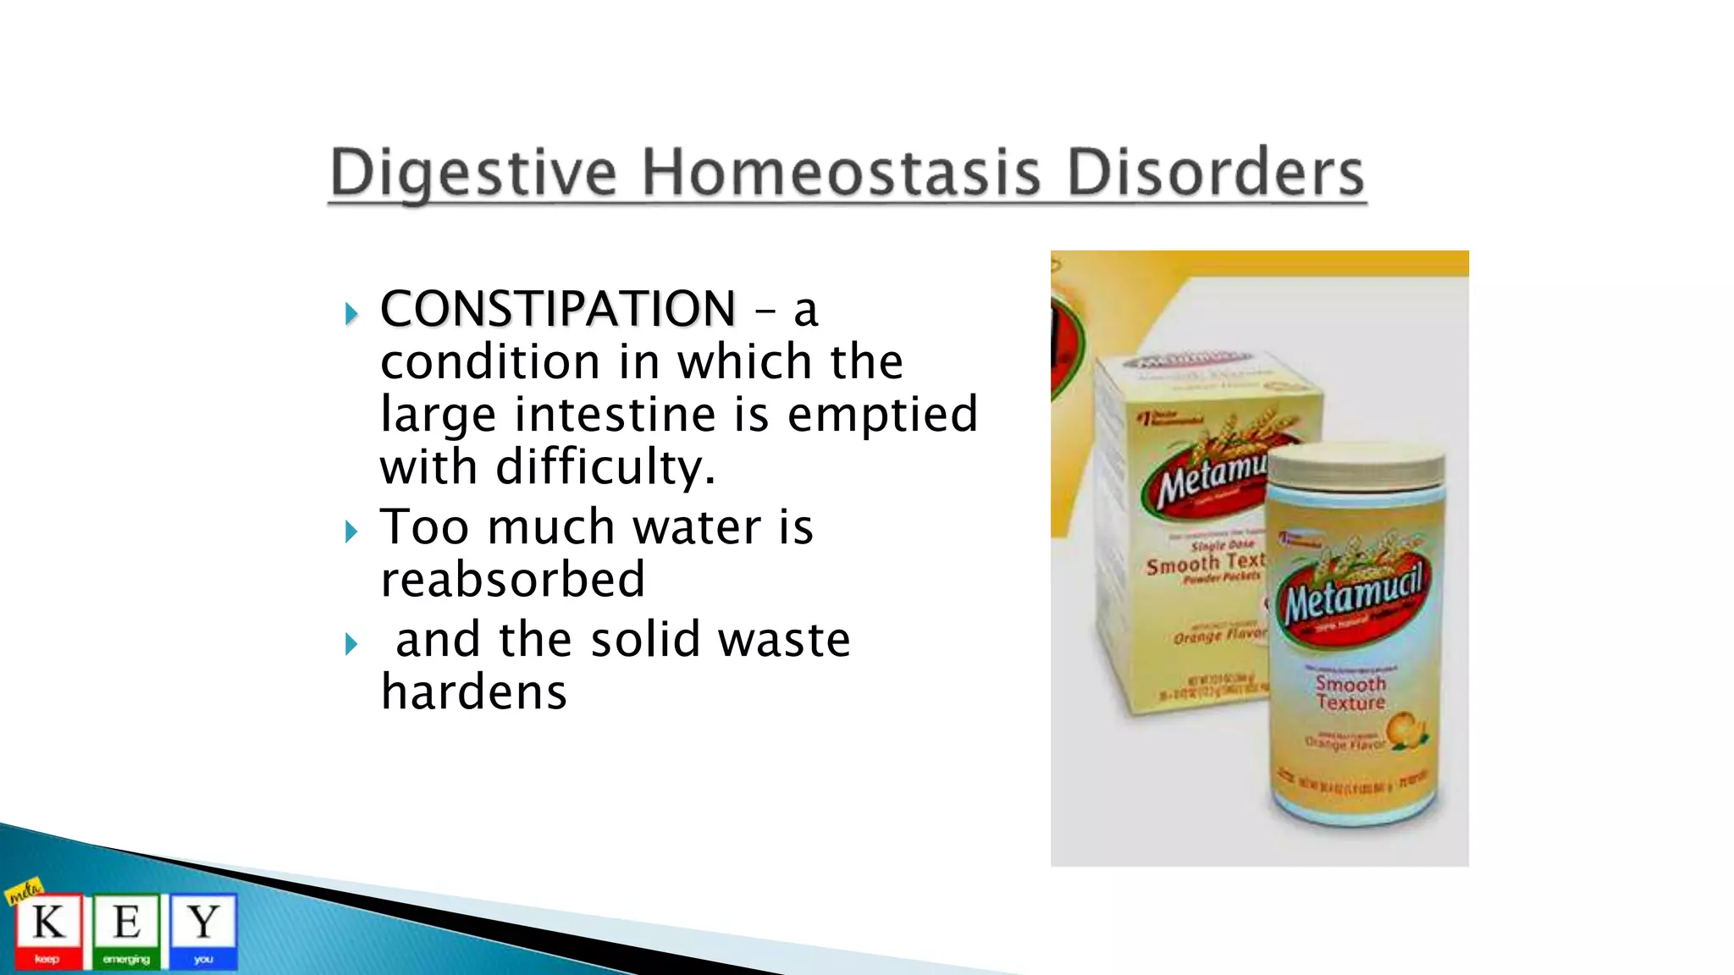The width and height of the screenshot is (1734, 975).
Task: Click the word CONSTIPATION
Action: click(558, 308)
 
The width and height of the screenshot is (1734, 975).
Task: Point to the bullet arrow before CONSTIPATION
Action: click(352, 315)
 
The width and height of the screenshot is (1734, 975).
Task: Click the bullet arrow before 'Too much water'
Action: click(352, 532)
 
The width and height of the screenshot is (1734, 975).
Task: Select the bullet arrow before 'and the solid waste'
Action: click(352, 645)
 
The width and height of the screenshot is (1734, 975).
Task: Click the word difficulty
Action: click(605, 467)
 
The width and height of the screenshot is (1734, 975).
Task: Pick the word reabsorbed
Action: click(512, 580)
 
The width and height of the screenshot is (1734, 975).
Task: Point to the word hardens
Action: click(473, 692)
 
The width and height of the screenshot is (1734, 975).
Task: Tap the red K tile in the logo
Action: click(48, 931)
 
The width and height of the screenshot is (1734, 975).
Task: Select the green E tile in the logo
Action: click(126, 931)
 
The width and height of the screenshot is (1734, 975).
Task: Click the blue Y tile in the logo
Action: click(203, 931)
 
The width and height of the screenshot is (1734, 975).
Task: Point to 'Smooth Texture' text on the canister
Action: click(1350, 693)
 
